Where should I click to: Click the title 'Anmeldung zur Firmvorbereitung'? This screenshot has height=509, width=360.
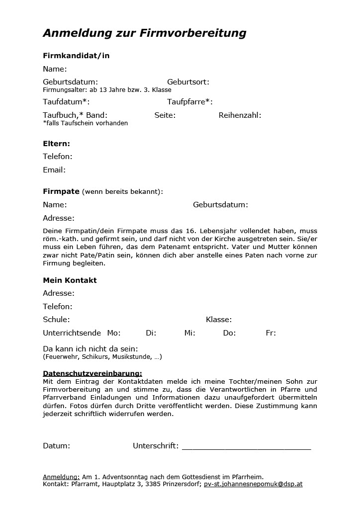[x=144, y=33]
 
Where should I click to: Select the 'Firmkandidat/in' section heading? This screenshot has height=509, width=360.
[x=76, y=56]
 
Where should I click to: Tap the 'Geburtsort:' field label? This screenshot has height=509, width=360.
[x=188, y=82]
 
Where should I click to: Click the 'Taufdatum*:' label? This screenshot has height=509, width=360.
[x=66, y=102]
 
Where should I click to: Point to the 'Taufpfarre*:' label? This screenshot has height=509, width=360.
[x=190, y=102]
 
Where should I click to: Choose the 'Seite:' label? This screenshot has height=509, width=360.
[x=165, y=115]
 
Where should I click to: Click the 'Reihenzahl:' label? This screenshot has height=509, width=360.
[x=240, y=115]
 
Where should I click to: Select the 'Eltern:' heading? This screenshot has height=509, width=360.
[x=56, y=144]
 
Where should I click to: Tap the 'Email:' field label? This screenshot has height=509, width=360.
[x=54, y=170]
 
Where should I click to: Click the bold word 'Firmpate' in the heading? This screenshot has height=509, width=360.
[x=61, y=191]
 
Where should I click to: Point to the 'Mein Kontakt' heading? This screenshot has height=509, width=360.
[x=70, y=280]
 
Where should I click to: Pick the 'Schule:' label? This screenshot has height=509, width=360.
[x=56, y=320]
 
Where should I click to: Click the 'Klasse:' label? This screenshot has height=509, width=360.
[x=219, y=320]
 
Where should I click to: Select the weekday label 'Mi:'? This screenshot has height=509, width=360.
[x=189, y=333]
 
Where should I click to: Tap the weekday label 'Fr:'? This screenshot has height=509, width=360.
[x=270, y=333]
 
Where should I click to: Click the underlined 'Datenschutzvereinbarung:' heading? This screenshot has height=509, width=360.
[x=92, y=373]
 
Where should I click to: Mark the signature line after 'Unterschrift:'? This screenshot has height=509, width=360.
[x=246, y=447]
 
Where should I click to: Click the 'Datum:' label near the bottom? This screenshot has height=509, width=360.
[x=56, y=446]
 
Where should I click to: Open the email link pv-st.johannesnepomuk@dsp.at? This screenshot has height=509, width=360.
[x=253, y=484]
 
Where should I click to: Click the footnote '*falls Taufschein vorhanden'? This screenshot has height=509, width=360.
[x=85, y=123]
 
